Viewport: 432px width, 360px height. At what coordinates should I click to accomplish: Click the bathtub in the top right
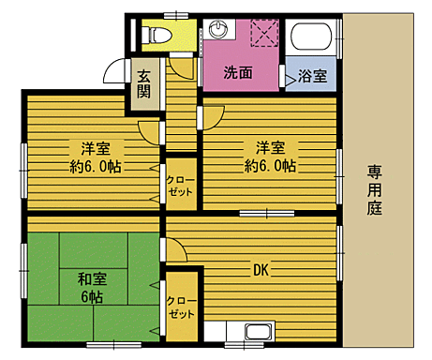[310, 40]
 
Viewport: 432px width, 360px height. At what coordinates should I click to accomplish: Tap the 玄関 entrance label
[144, 84]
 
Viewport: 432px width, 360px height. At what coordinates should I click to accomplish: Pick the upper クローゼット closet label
[180, 185]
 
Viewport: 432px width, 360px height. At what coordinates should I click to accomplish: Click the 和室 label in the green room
[91, 278]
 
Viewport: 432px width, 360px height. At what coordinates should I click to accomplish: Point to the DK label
[261, 270]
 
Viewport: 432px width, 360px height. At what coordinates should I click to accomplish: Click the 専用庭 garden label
[375, 188]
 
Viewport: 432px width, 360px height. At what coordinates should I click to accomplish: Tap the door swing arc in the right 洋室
[213, 114]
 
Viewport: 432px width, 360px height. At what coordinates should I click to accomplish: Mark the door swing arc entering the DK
[174, 248]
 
